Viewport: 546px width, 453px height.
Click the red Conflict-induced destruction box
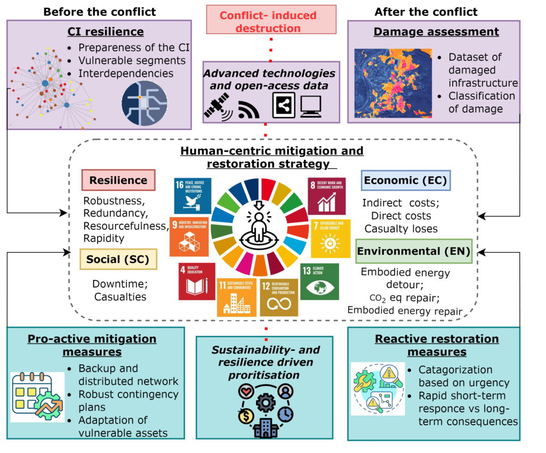[x=271, y=19]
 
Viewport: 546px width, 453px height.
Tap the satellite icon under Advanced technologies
[x=219, y=107]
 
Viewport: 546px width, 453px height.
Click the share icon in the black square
[x=283, y=104]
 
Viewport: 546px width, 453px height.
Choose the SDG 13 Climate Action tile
[x=319, y=282]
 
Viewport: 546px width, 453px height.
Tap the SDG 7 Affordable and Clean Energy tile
[x=331, y=238]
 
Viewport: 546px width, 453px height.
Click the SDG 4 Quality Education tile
[x=197, y=281]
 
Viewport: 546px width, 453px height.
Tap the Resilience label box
[x=118, y=180]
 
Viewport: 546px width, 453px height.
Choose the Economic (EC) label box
[x=406, y=180]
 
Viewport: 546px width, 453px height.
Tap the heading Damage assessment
[x=436, y=31]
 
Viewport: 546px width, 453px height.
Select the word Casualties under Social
[x=119, y=296]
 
